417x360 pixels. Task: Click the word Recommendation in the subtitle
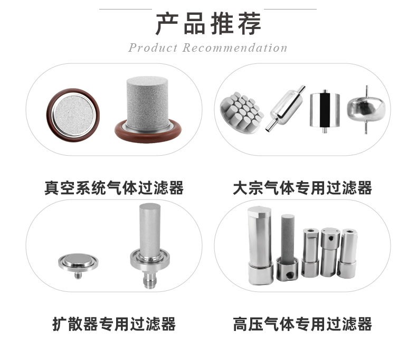click(x=235, y=48)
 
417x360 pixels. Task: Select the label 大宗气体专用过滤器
click(x=302, y=187)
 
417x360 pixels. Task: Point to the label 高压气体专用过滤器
click(x=302, y=323)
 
